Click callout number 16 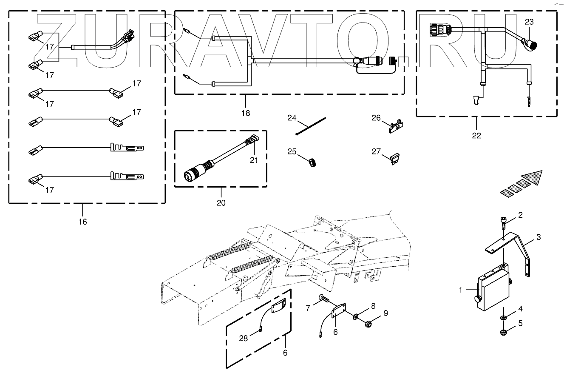(x=82, y=222)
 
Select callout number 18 (x=245, y=113)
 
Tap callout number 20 (x=221, y=203)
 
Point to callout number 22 (x=476, y=136)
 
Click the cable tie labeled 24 (x=311, y=127)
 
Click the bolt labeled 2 (x=503, y=220)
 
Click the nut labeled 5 (x=502, y=332)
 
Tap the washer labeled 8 (x=354, y=316)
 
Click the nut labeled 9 (x=368, y=325)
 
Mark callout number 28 (x=243, y=338)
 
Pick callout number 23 (x=529, y=22)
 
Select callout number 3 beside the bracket (x=538, y=237)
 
